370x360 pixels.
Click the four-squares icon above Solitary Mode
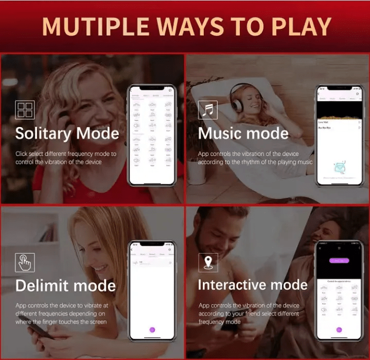coord(25,110)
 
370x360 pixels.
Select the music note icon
coord(208,110)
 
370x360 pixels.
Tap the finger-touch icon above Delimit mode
coord(25,262)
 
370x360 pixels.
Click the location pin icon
coord(208,262)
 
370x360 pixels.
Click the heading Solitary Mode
coord(67,134)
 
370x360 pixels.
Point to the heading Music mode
coord(243,134)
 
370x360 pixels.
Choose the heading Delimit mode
coord(65,285)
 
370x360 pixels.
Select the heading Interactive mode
coord(252,285)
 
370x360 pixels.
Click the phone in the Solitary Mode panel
coord(152,136)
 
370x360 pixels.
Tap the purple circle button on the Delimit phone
coord(152,330)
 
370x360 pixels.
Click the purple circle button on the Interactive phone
coord(339,330)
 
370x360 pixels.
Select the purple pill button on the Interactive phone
coord(339,261)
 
